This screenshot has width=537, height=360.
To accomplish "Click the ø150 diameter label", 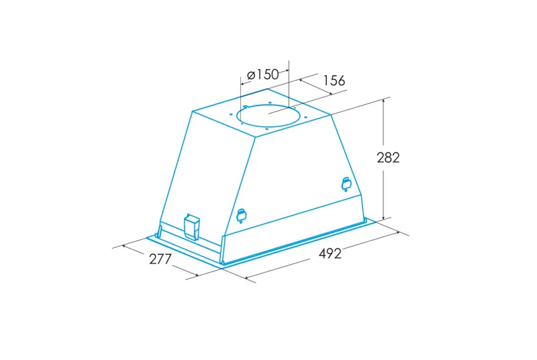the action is click(x=262, y=75).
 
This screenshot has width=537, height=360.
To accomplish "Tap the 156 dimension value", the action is click(x=334, y=81).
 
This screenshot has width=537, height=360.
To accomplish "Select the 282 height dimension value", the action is click(x=389, y=158).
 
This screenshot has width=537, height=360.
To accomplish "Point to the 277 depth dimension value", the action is click(x=160, y=259).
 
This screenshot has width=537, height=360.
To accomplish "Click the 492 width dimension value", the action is click(x=330, y=253).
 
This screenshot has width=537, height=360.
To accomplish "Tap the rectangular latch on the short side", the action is click(x=191, y=226).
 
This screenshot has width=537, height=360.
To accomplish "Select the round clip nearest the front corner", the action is click(x=242, y=216).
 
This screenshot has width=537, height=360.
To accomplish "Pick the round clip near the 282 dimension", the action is click(x=346, y=184).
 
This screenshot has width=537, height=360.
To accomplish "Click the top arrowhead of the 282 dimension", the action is click(x=383, y=101).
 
